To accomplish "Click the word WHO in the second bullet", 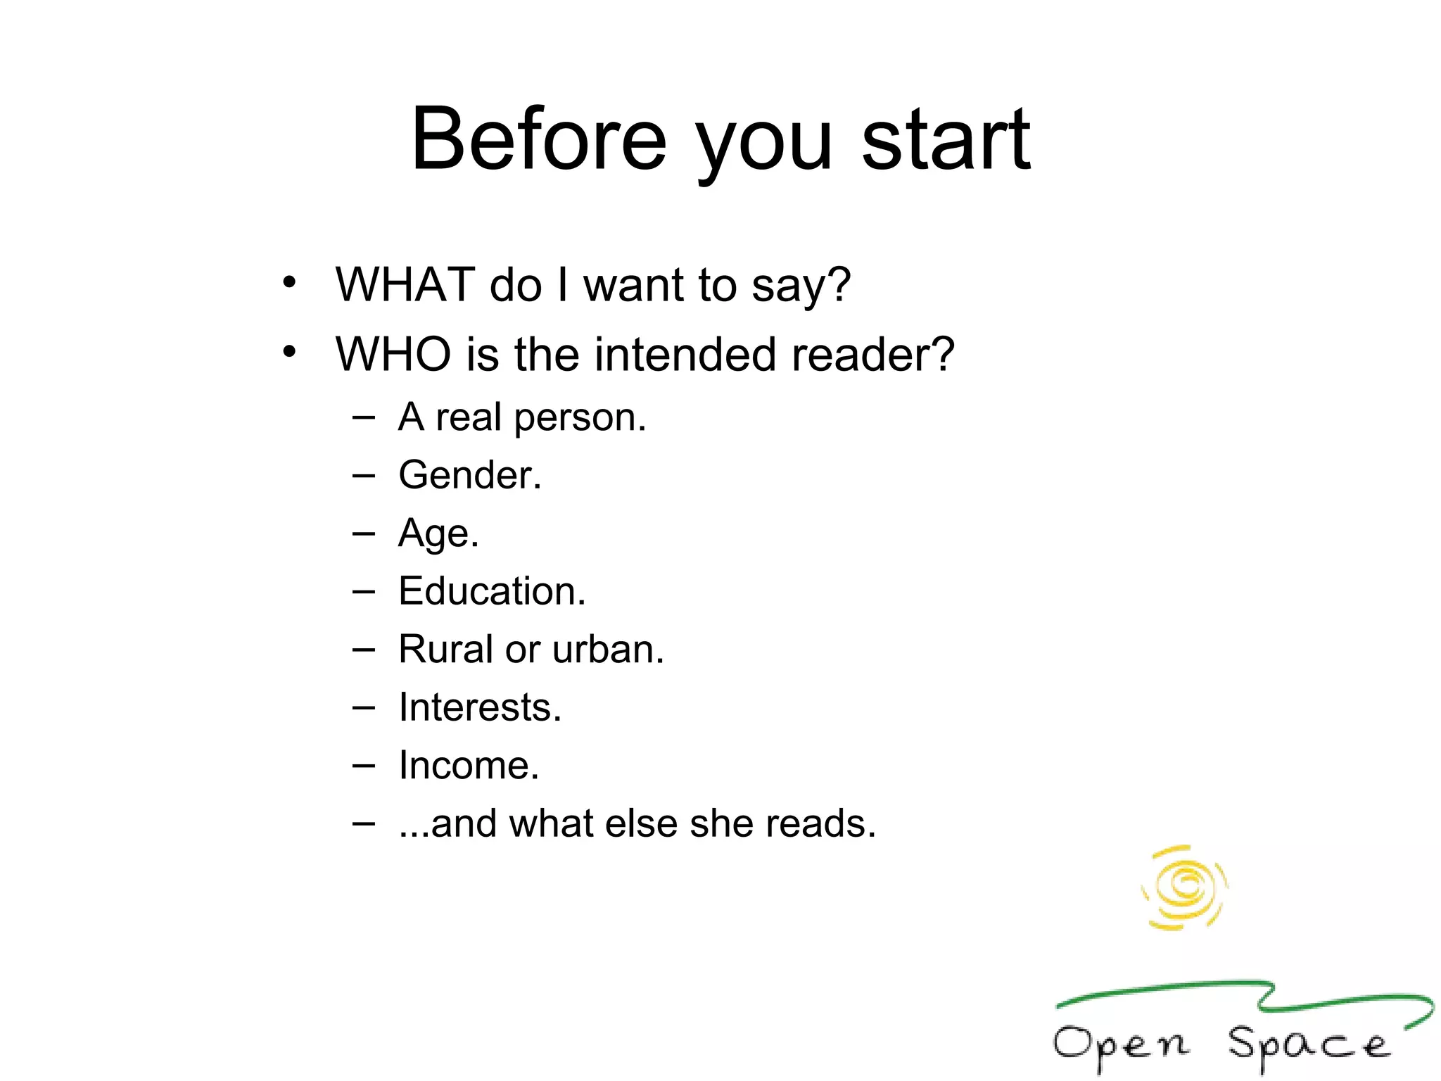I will point(393,354).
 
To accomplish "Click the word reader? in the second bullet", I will point(872,354).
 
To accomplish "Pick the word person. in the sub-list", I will point(580,418).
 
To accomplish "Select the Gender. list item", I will point(470,475).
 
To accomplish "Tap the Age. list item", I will point(438,533).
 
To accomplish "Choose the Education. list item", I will point(492,591).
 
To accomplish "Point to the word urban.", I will point(608,649).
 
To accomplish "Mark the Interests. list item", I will point(480,707).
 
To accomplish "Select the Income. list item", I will point(469,766).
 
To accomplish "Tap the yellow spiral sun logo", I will point(1185,887).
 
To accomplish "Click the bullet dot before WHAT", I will point(289,283).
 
